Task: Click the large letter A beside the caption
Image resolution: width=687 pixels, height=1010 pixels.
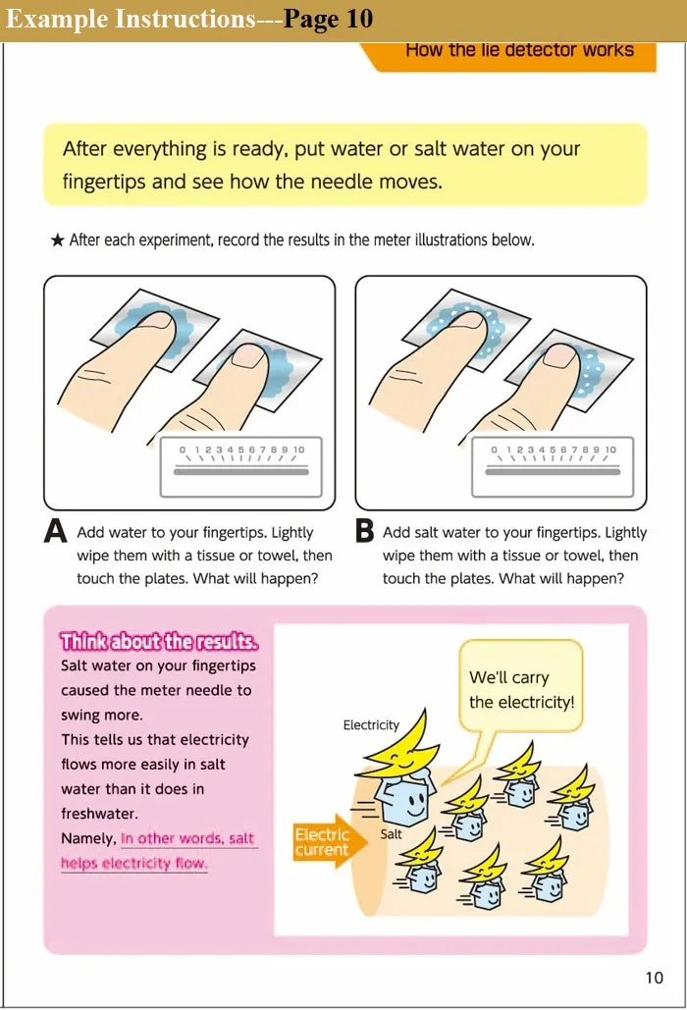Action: [x=55, y=531]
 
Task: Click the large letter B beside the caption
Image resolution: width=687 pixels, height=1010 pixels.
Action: [x=364, y=531]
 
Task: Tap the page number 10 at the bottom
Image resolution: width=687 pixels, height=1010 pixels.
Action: [x=655, y=978]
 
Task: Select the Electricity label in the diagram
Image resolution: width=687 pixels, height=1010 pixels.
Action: [x=371, y=724]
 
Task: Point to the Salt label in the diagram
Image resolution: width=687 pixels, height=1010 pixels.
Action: [x=391, y=833]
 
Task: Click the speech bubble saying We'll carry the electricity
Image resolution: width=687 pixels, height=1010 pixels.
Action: [x=521, y=687]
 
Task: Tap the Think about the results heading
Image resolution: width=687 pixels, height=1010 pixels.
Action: [x=159, y=642]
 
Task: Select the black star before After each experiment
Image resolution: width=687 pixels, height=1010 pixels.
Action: [x=57, y=240]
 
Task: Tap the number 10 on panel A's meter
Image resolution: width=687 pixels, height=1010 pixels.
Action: [x=298, y=450]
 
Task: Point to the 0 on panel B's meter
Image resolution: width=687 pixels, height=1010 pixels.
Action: [x=494, y=450]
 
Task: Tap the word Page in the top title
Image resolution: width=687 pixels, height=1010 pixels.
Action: [x=311, y=20]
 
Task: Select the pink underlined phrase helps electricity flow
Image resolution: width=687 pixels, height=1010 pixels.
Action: [x=133, y=863]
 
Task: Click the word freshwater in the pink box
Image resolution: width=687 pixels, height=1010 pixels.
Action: [x=99, y=814]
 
